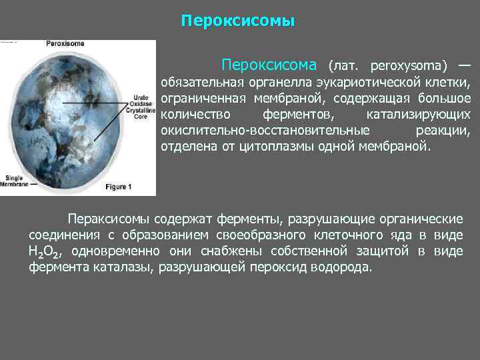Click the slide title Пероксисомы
[x=237, y=21]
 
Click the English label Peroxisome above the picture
[x=65, y=44]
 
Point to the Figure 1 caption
[x=117, y=187]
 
